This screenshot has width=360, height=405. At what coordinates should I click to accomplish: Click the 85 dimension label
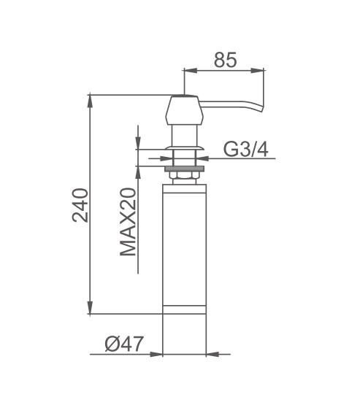tap(225, 60)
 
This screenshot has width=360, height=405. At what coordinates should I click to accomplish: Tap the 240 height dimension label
tap(80, 205)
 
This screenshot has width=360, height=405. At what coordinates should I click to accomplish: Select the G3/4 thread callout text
tap(246, 150)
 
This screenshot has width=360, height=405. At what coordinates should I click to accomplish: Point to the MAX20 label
tap(128, 222)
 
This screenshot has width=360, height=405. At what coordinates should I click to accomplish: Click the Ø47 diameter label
tap(124, 344)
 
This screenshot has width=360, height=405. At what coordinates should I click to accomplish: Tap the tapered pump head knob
tap(184, 110)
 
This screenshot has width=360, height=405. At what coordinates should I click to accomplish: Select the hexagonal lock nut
tap(185, 175)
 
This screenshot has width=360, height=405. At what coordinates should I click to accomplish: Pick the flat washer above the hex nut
tap(185, 169)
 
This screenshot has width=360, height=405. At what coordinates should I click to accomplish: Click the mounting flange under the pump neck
tap(185, 148)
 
